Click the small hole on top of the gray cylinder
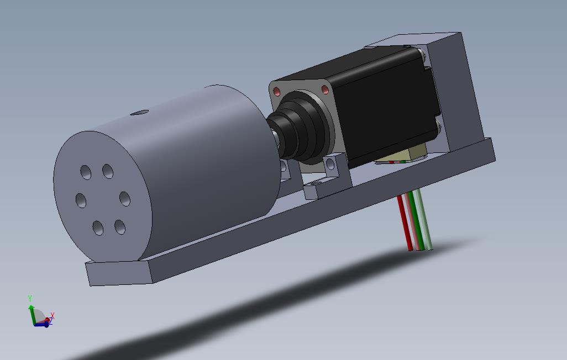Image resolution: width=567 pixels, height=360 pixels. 139,113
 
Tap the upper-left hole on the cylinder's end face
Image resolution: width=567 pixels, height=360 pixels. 86,172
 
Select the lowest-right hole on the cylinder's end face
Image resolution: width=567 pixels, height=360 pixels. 120,227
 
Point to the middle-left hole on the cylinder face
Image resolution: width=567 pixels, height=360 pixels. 81,200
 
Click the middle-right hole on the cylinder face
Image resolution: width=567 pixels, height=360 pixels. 125,199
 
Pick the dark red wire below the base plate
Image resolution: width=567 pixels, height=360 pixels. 405,223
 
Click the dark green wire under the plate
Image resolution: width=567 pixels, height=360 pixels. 418,220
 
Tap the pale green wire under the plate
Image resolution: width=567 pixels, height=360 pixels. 424,219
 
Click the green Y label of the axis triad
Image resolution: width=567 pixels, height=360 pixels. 30,299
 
